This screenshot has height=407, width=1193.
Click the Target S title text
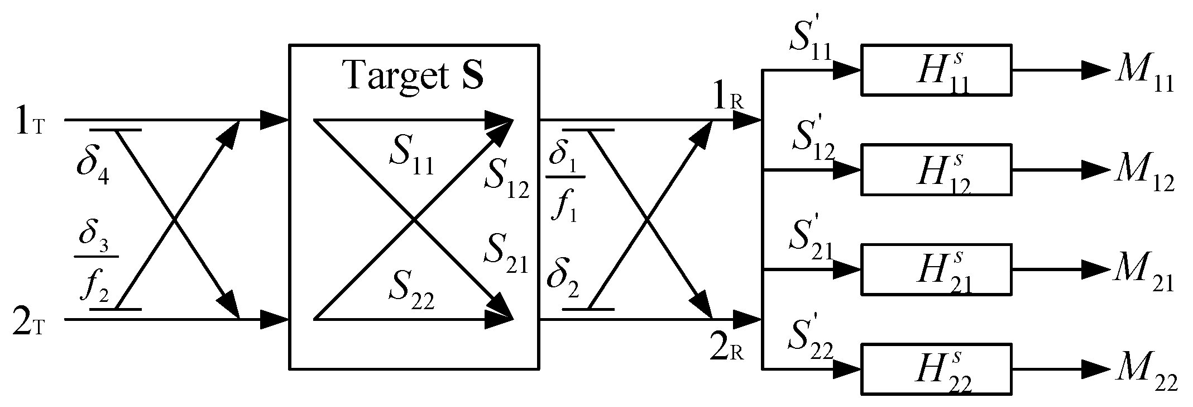click(414, 74)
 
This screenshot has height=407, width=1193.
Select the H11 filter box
click(936, 70)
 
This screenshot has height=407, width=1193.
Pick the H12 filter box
click(936, 169)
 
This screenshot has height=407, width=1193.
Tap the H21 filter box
click(936, 269)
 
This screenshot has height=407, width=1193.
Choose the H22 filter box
click(936, 369)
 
